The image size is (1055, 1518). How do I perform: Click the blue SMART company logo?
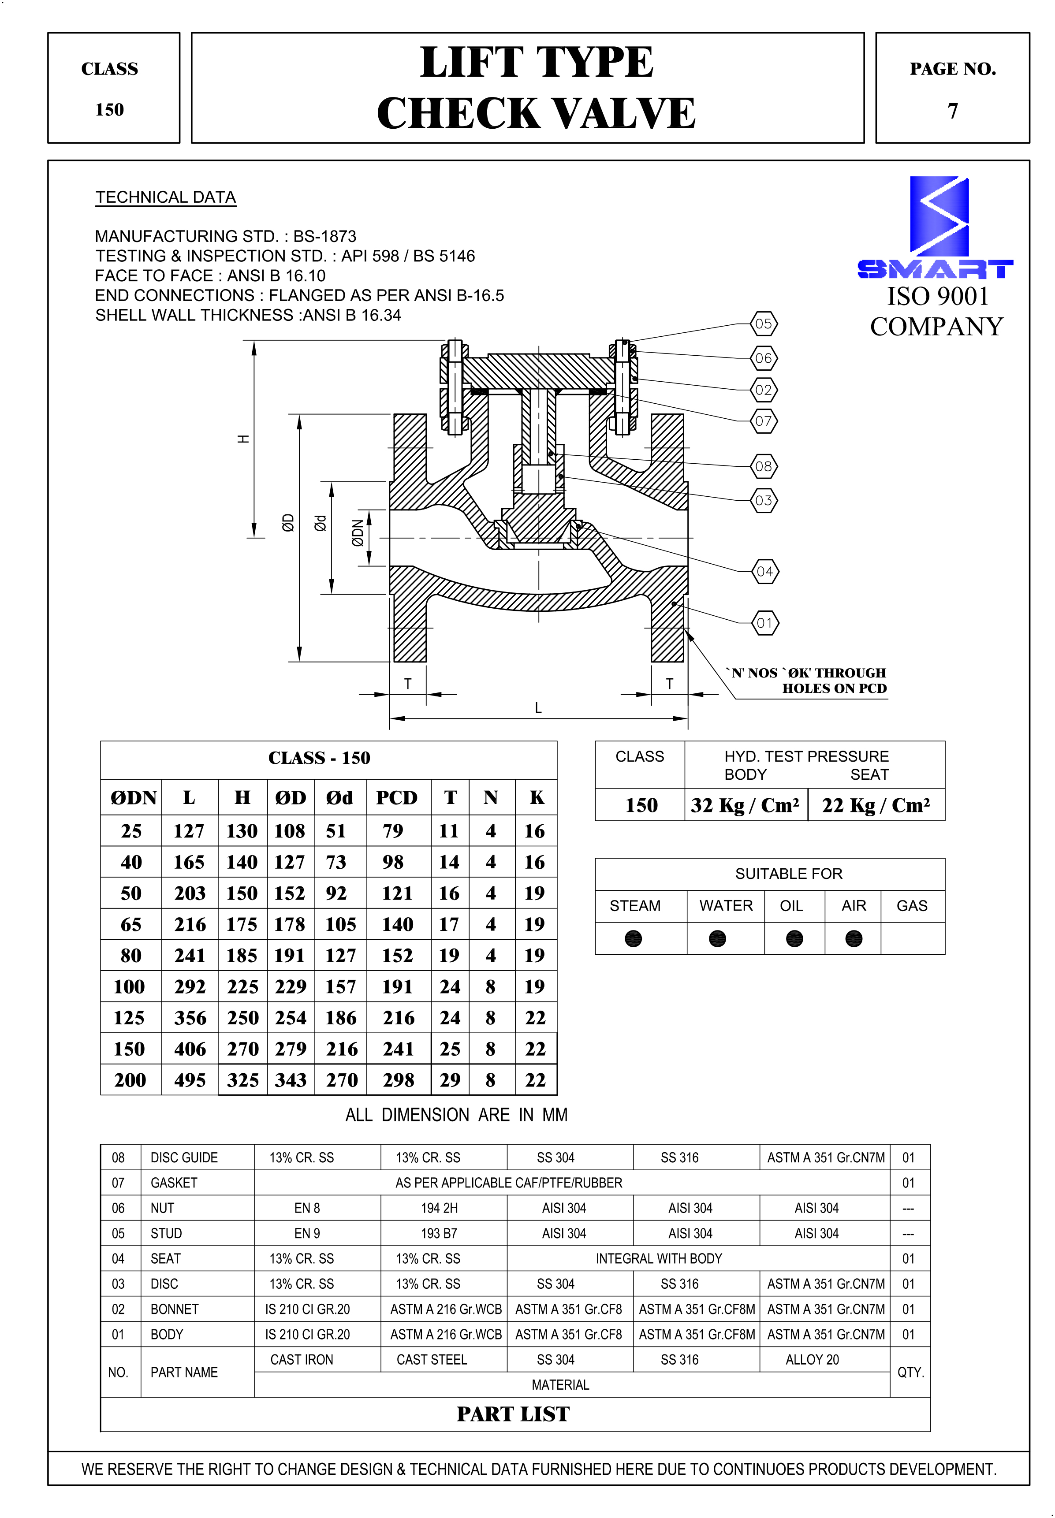point(936,228)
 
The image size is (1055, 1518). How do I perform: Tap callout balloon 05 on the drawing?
point(764,324)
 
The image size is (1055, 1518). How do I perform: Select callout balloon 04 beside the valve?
point(765,572)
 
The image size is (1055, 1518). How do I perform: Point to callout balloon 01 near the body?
point(765,622)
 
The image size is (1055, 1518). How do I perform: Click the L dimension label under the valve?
point(538,708)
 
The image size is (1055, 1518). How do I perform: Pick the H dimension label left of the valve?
point(243,439)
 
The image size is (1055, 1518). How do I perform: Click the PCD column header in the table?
point(397,798)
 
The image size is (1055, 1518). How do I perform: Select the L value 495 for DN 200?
point(190,1080)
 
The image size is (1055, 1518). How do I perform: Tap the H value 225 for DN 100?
point(242,987)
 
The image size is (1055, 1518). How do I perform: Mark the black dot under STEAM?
point(633,938)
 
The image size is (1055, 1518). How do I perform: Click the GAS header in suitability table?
point(912,905)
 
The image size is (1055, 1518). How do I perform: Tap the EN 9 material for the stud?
point(307,1233)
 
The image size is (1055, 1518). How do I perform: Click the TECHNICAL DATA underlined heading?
point(165,197)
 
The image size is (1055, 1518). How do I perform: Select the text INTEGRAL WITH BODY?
point(658,1258)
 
